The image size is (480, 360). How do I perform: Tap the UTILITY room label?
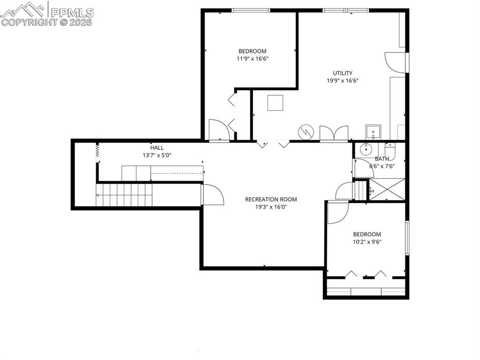point(343,73)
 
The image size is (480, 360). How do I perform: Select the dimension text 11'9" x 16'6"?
point(252,59)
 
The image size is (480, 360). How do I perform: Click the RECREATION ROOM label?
point(271,199)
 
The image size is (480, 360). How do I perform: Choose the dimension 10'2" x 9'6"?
point(367,242)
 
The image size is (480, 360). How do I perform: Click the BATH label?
point(381,158)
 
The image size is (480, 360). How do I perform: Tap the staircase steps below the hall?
point(125,195)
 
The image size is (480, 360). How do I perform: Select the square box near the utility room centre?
point(275,103)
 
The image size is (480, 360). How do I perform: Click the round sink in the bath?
point(366,150)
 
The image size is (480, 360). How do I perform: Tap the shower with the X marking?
point(387,190)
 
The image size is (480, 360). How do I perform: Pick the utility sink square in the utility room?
point(373,133)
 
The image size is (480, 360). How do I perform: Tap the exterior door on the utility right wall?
point(395,62)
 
